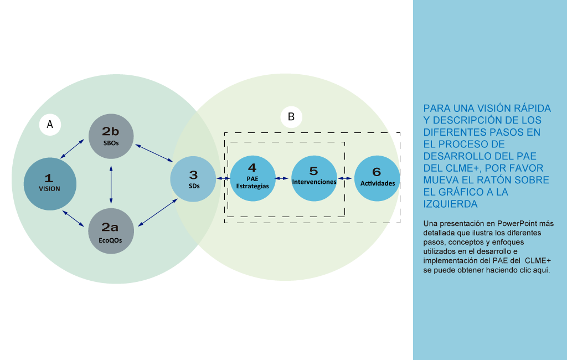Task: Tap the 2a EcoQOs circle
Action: point(111,232)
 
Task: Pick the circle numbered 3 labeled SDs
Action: point(193,178)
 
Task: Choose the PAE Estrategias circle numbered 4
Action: point(252,178)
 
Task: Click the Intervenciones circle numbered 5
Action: point(314,178)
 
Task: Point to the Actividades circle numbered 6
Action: point(377,178)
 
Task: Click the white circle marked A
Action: point(50,125)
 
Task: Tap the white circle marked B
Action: point(291,117)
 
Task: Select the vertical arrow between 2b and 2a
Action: point(111,184)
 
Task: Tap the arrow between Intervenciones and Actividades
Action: point(346,178)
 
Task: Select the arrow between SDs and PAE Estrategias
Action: point(224,178)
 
